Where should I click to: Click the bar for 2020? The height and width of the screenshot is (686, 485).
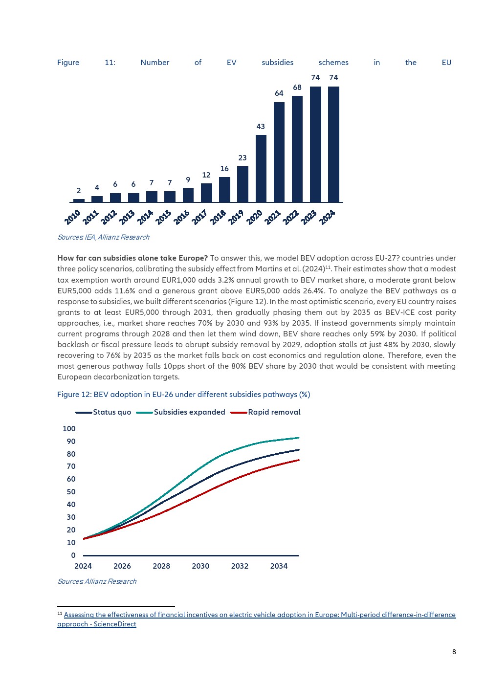point(261,168)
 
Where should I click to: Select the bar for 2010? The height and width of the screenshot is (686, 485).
point(79,200)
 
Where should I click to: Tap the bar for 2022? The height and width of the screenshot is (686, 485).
point(297,149)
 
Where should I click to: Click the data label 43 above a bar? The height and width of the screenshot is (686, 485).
point(261,127)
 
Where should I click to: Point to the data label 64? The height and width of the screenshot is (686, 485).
point(279,93)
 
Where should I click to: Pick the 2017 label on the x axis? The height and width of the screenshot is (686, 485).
point(199,218)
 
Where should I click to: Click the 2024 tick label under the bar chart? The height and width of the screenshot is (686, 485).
point(327,218)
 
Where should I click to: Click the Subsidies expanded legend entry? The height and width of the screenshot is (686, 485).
point(180,412)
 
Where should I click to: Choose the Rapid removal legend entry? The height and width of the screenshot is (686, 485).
point(265,412)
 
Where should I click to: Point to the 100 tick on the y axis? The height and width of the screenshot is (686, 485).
point(69,429)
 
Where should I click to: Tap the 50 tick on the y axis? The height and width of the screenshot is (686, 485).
point(71,492)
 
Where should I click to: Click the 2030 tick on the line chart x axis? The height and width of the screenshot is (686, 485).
point(200,566)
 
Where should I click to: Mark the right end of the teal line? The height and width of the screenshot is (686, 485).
point(299,438)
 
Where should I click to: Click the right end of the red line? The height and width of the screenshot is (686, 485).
point(299,460)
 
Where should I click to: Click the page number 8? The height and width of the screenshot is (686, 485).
point(454,652)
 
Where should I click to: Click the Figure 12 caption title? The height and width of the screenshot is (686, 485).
point(184,395)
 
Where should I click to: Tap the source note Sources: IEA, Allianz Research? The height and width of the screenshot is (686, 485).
point(104,237)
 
